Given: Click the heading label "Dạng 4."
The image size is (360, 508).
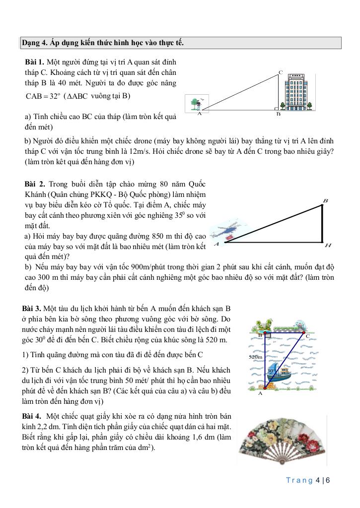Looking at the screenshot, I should [34, 43].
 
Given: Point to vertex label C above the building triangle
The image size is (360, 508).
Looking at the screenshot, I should [281, 72].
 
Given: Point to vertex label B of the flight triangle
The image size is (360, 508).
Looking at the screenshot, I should [325, 201].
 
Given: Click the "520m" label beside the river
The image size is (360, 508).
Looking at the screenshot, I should [255, 357].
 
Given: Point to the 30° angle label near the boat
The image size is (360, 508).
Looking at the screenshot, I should [271, 371].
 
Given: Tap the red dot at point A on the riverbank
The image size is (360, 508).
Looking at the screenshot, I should [265, 387].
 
